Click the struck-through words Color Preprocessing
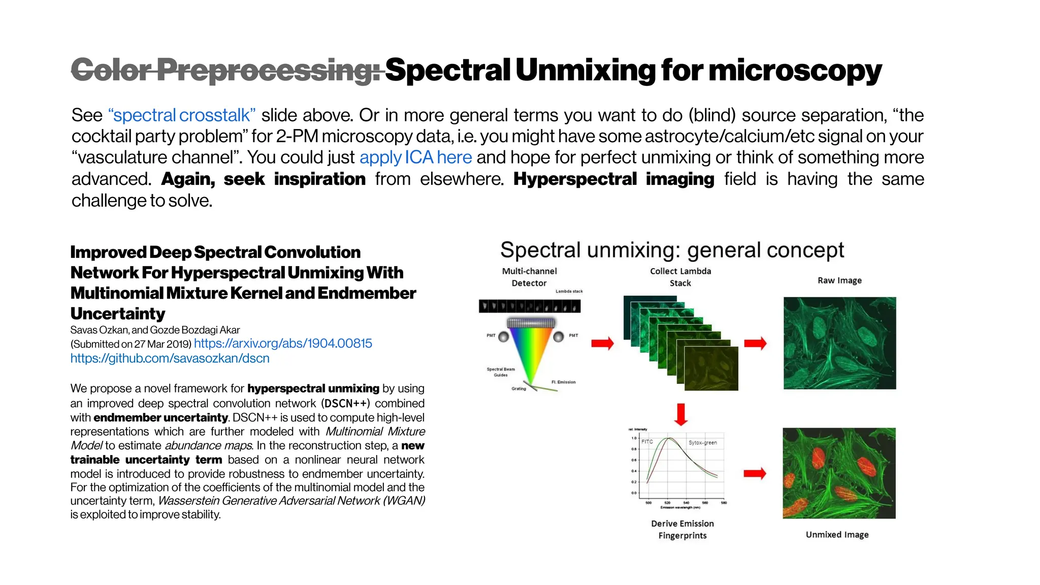226,70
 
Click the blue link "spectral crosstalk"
181,115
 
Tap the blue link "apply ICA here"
415,157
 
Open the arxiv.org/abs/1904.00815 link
283,343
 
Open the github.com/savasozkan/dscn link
170,359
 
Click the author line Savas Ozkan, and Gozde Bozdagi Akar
155,330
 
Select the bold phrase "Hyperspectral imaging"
613,179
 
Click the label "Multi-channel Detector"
529,277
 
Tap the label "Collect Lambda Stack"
680,277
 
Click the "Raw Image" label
839,281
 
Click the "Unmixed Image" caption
837,535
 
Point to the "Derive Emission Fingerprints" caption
682,530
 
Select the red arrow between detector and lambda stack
603,344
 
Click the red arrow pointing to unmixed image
755,474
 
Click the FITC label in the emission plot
647,442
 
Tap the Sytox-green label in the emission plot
702,443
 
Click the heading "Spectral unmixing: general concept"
672,250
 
